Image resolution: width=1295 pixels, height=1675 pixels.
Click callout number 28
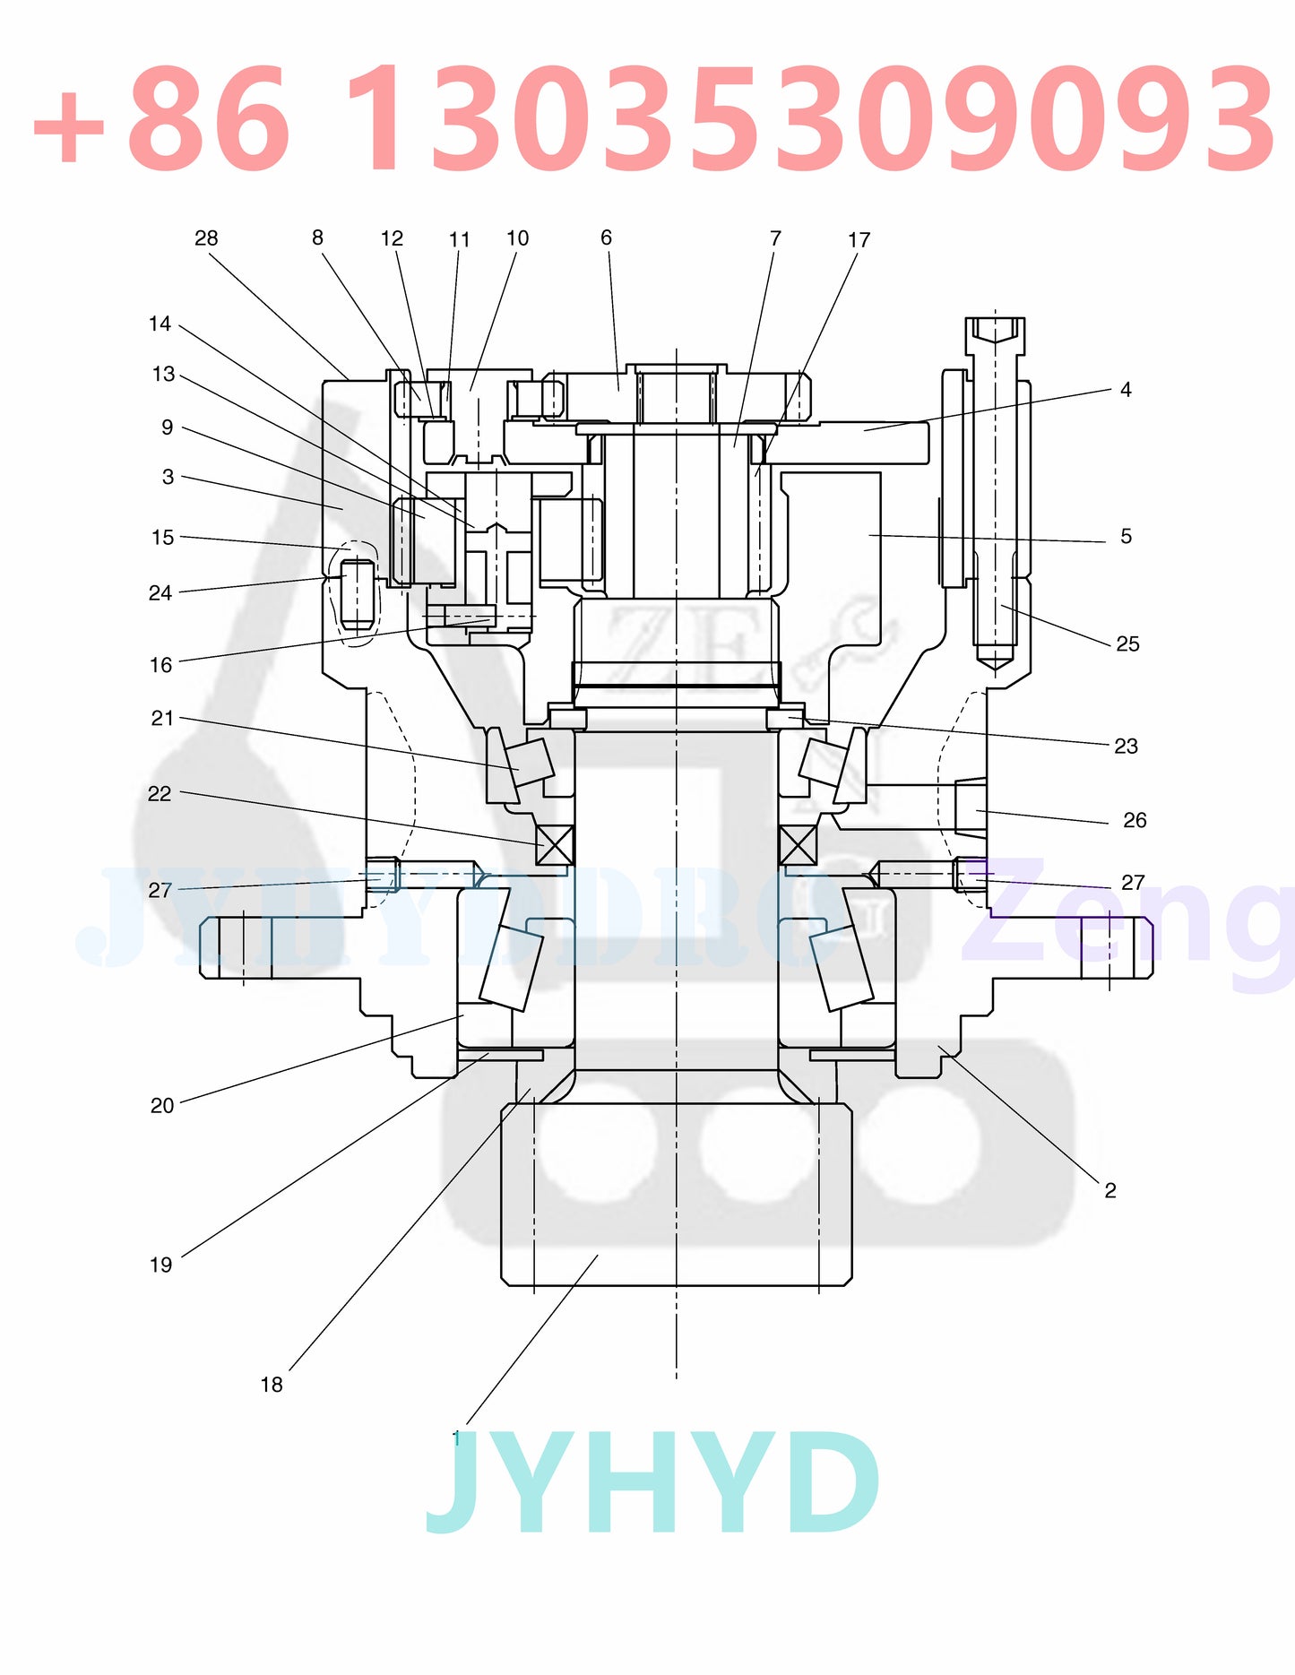(x=206, y=238)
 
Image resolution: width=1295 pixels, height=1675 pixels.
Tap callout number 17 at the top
(x=859, y=240)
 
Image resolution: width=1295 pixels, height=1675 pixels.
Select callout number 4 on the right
(x=1126, y=390)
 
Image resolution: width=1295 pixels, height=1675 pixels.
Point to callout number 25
(x=1127, y=644)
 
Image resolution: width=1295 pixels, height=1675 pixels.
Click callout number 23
(x=1126, y=747)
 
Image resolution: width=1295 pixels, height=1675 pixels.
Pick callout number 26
(x=1135, y=821)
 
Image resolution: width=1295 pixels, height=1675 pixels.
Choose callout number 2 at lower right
(x=1110, y=1191)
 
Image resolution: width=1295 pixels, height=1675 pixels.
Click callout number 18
(x=272, y=1386)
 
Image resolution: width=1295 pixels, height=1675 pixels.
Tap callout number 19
(x=161, y=1265)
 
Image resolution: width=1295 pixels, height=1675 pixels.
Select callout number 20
(x=162, y=1106)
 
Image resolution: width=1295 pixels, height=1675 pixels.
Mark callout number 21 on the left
(x=162, y=719)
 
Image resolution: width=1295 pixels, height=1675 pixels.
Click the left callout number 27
(x=160, y=891)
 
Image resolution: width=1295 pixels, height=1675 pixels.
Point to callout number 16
(x=161, y=665)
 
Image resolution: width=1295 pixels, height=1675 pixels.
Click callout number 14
(x=160, y=324)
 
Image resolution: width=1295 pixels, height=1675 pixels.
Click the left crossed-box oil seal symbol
(x=555, y=845)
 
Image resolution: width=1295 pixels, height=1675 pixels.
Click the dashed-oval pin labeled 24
(x=358, y=592)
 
